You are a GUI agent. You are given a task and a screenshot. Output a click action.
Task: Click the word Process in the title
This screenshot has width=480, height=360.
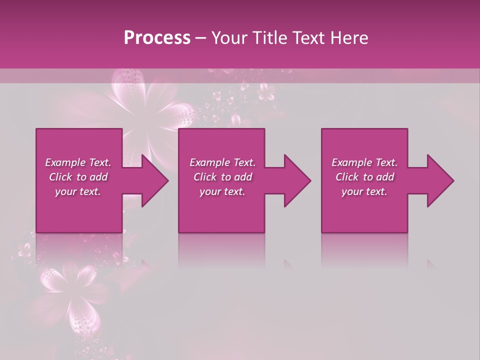pos(157,38)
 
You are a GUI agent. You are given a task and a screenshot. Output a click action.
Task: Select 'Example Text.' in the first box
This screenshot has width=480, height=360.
pos(78,162)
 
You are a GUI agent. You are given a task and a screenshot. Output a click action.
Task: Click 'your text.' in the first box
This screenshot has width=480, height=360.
pos(78,191)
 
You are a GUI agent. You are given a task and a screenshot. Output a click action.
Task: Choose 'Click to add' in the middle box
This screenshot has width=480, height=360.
pos(222,177)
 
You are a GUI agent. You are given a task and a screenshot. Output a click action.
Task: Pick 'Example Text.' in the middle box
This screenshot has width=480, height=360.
pos(222,162)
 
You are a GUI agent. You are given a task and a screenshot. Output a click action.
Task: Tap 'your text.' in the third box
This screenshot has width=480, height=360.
pos(364,191)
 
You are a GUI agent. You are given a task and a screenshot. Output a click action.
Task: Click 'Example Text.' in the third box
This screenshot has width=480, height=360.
pos(364,162)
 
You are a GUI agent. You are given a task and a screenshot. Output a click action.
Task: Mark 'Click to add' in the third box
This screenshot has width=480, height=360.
pos(364,177)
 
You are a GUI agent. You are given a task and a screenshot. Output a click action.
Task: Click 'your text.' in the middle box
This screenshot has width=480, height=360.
pos(222,191)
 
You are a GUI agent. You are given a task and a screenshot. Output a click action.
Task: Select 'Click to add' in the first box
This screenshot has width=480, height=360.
pos(78,177)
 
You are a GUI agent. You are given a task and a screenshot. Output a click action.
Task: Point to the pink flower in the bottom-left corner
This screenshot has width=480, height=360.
pos(70,290)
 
